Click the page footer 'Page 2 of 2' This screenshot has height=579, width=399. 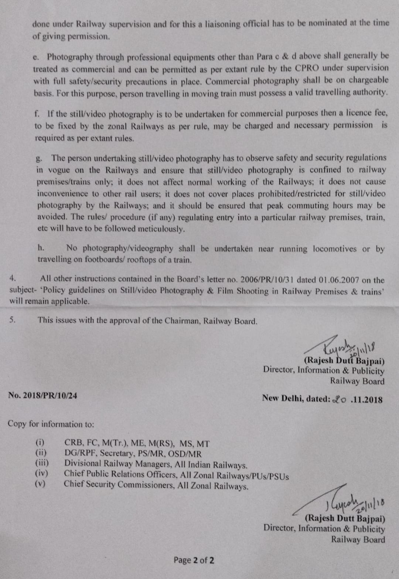tap(194, 561)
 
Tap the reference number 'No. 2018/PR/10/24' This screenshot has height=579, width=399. tap(42, 396)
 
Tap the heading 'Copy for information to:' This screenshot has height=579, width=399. tap(51, 424)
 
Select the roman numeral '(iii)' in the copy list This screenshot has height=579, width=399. tap(42, 462)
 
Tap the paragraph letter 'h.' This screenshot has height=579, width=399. tap(41, 248)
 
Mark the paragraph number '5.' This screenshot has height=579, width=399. tap(13, 319)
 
